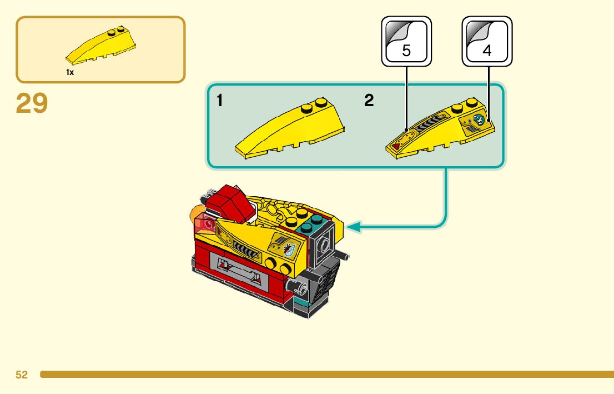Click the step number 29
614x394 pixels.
click(x=32, y=103)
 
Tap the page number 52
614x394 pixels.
click(x=22, y=375)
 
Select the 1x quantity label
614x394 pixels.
click(x=70, y=72)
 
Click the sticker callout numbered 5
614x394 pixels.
click(x=406, y=42)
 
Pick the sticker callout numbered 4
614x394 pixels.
click(x=487, y=42)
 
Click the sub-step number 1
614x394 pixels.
click(x=220, y=101)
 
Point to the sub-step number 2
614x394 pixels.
click(x=369, y=101)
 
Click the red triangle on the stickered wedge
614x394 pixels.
click(x=396, y=146)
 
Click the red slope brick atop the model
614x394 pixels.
click(x=229, y=203)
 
